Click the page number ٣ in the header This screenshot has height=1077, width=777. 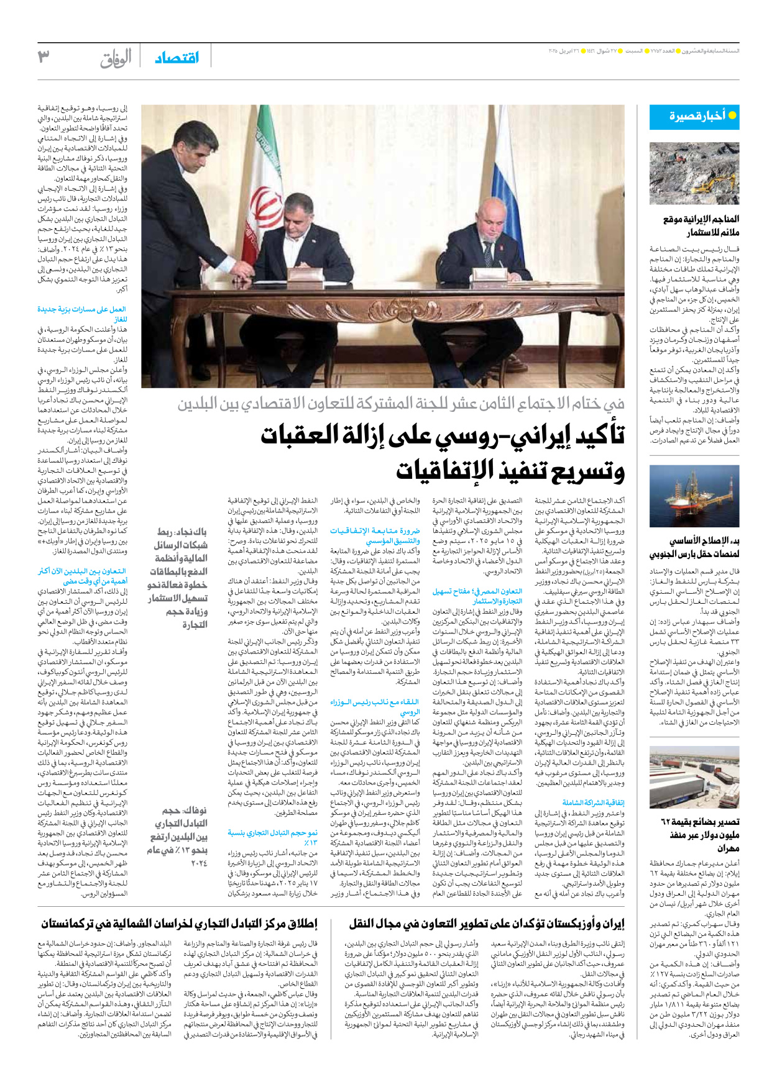click(x=44, y=57)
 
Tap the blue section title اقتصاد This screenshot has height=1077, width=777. click(x=177, y=58)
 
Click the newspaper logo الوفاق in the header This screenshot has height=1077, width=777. click(x=116, y=58)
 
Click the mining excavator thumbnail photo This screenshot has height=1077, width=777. click(x=694, y=173)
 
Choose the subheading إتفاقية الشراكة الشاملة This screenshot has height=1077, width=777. click(x=593, y=802)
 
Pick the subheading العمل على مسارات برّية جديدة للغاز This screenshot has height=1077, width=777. click(x=83, y=314)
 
